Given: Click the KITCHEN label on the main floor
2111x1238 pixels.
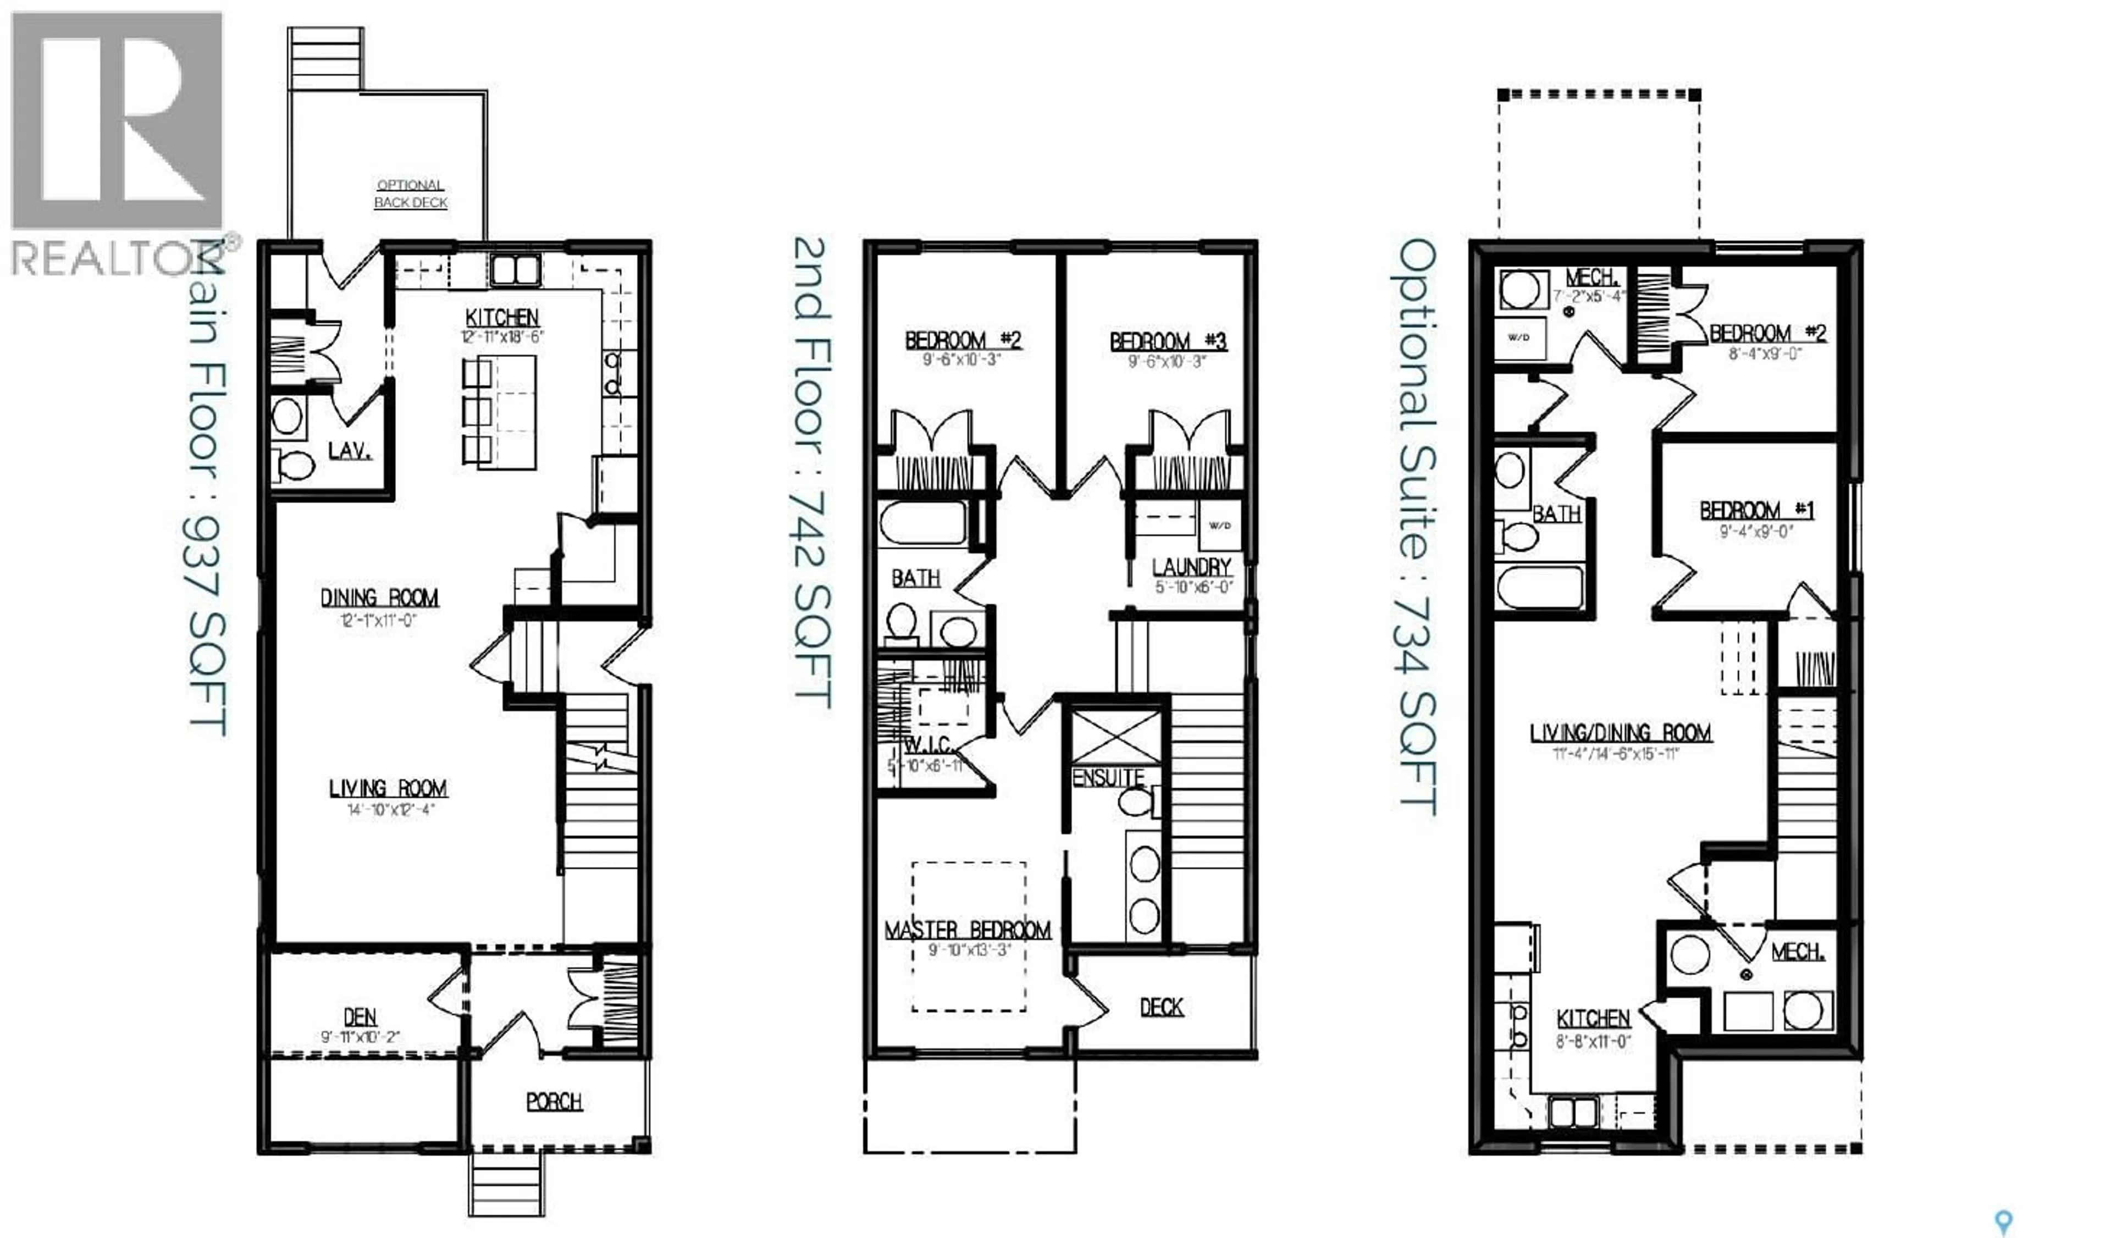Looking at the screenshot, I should [x=502, y=317].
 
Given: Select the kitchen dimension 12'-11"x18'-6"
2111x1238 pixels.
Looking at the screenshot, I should [x=502, y=337].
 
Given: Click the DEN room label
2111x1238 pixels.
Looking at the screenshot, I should [x=360, y=1017].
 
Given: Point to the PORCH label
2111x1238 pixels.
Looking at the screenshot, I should [x=554, y=1102].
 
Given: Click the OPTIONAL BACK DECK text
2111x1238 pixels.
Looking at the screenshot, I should [x=411, y=194].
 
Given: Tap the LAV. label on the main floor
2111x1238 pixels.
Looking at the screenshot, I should [x=349, y=451].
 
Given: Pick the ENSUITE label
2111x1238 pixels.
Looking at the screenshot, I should [x=1108, y=777].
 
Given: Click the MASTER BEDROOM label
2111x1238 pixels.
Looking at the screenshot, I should [x=968, y=930].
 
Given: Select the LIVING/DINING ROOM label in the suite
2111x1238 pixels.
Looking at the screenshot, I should [x=1620, y=733].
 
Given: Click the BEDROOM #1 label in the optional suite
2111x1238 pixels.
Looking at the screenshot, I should [x=1756, y=510].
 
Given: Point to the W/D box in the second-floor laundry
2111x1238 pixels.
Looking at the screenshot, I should [x=1220, y=525].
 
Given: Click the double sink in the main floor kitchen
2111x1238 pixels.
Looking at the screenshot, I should [x=515, y=270].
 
